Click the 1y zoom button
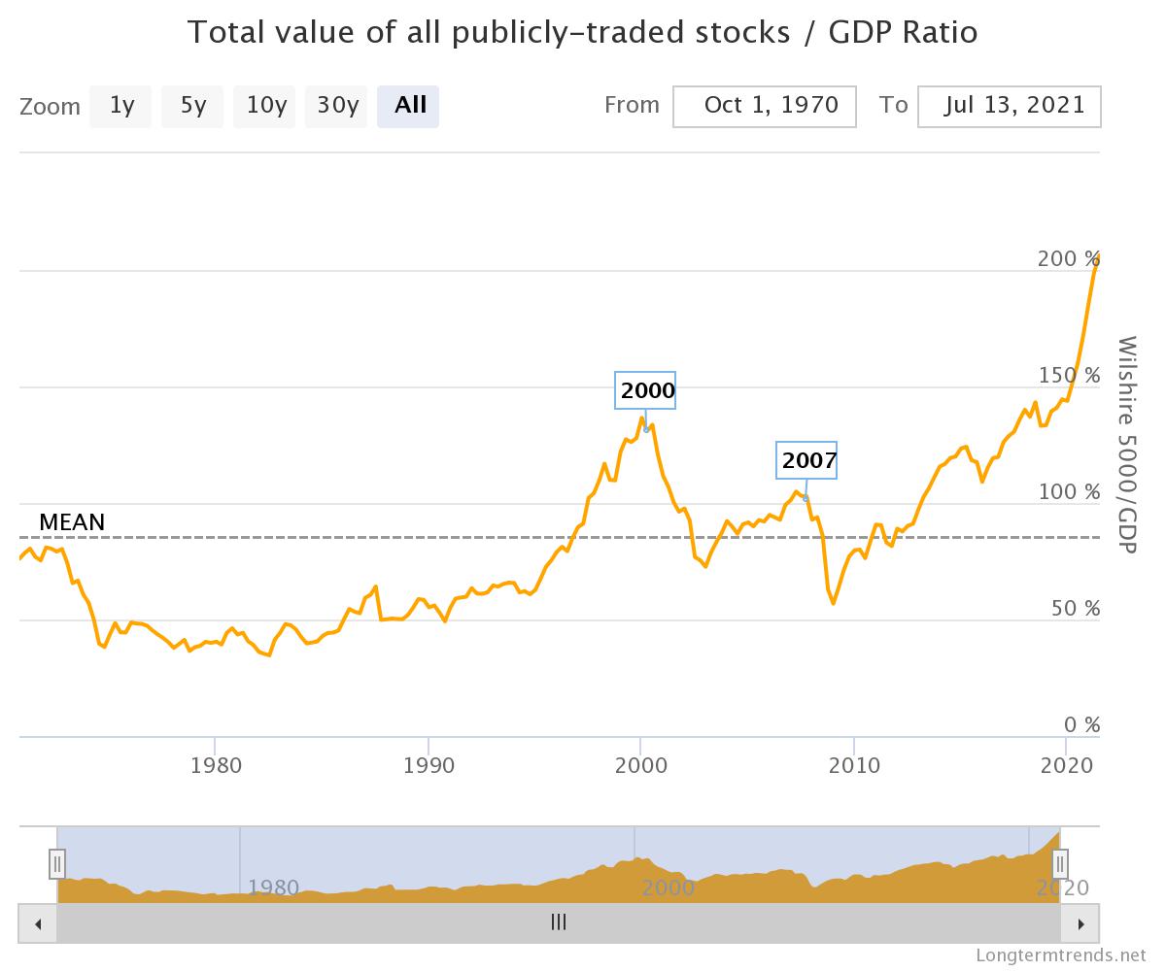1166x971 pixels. coord(120,106)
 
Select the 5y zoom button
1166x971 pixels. coord(192,106)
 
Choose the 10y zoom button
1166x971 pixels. coord(264,106)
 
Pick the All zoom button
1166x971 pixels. coord(408,106)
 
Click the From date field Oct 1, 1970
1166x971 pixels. coord(765,106)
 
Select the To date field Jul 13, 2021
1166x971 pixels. coord(1009,106)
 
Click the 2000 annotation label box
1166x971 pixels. coord(647,390)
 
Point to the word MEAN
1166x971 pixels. coord(72,522)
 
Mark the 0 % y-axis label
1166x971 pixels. coord(1080,725)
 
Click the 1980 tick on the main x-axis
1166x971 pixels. coord(216,765)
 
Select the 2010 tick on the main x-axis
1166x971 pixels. coord(854,765)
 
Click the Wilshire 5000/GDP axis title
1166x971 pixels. coord(1127,445)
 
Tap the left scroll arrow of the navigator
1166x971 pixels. coord(38,923)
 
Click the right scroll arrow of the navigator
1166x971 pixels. coord(1080,923)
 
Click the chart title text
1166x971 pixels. coord(582,32)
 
